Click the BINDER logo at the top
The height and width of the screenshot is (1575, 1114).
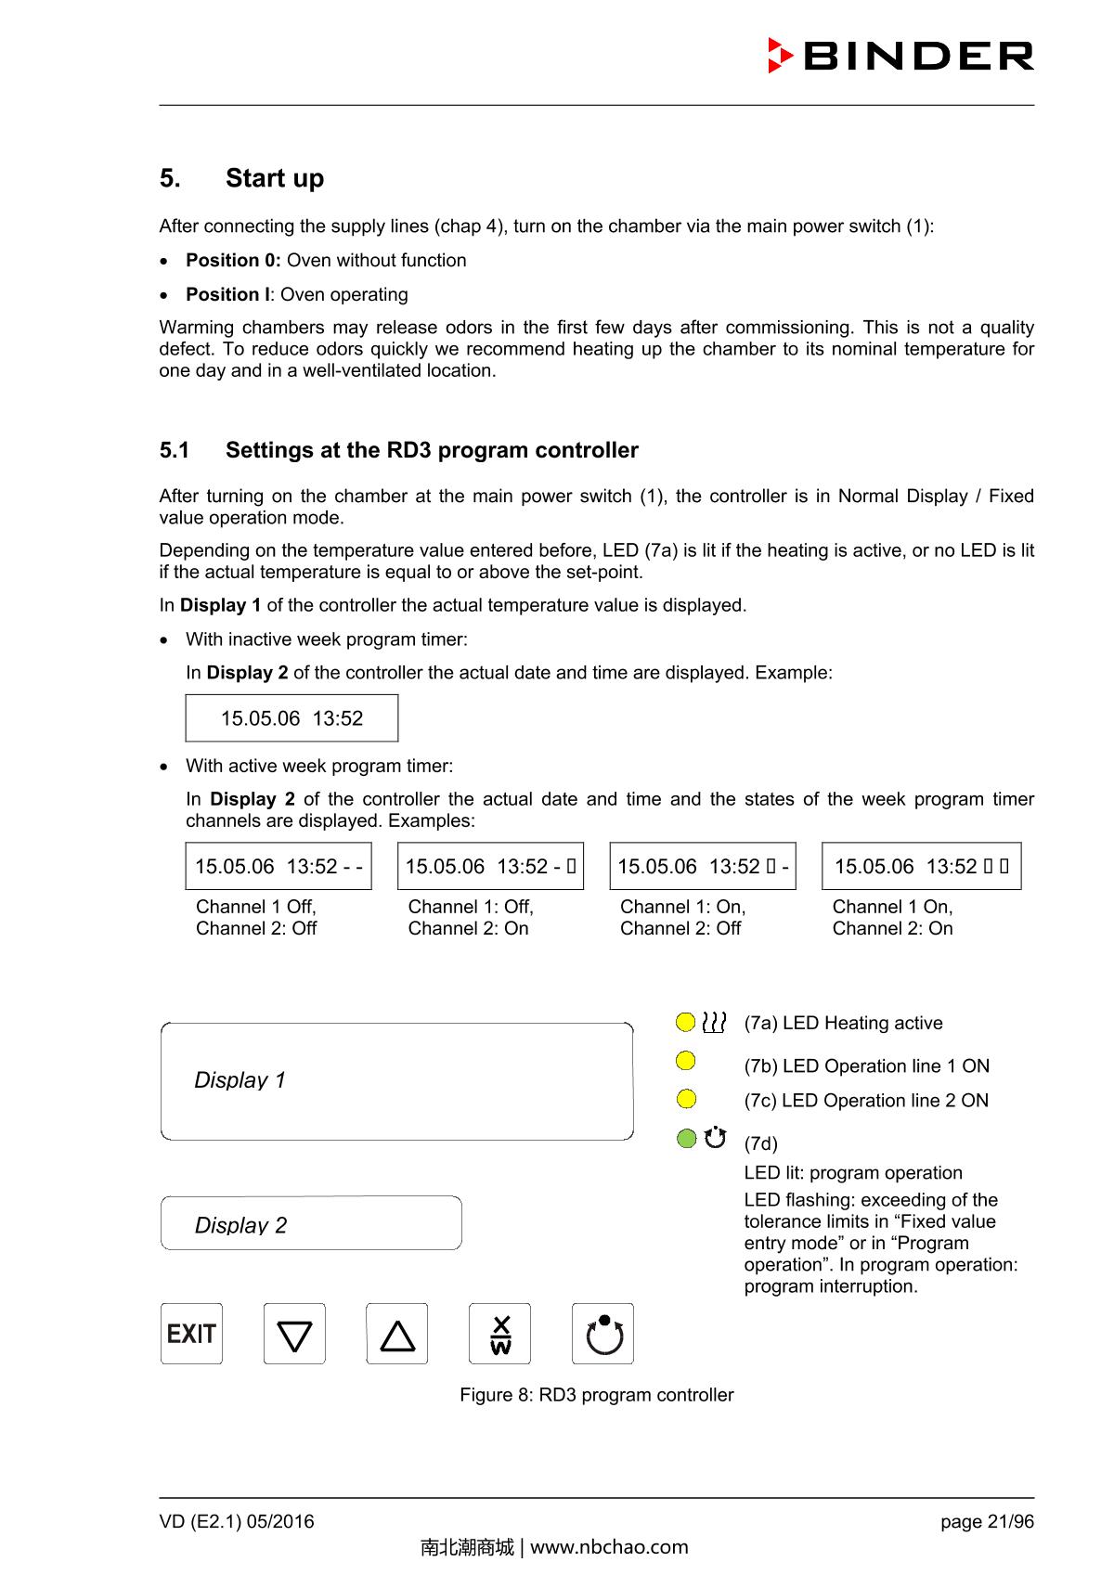tap(900, 56)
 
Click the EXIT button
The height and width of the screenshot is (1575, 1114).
tap(191, 1334)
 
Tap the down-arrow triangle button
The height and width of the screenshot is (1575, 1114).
tap(294, 1334)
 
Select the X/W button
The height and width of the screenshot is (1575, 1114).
tap(499, 1334)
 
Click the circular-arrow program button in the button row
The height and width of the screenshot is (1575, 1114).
tap(602, 1334)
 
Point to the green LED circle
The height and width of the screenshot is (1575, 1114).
tap(686, 1138)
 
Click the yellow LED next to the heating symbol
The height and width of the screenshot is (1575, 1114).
tap(686, 1022)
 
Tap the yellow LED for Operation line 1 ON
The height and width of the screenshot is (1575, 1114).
tap(686, 1060)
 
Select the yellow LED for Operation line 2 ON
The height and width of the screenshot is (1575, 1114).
tap(686, 1099)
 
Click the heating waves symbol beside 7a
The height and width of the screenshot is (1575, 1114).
tap(714, 1022)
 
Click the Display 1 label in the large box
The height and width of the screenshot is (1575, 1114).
tap(240, 1080)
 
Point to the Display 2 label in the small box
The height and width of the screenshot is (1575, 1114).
tap(240, 1225)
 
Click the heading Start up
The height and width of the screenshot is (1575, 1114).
tap(274, 178)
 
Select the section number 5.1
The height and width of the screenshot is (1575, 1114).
tap(174, 450)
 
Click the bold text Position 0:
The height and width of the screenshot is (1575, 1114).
tap(233, 261)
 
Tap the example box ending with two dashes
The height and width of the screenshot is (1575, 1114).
tap(278, 866)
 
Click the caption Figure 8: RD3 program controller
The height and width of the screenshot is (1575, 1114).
tap(596, 1395)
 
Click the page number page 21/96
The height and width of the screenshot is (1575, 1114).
tap(987, 1521)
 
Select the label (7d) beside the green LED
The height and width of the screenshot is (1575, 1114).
tap(760, 1143)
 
